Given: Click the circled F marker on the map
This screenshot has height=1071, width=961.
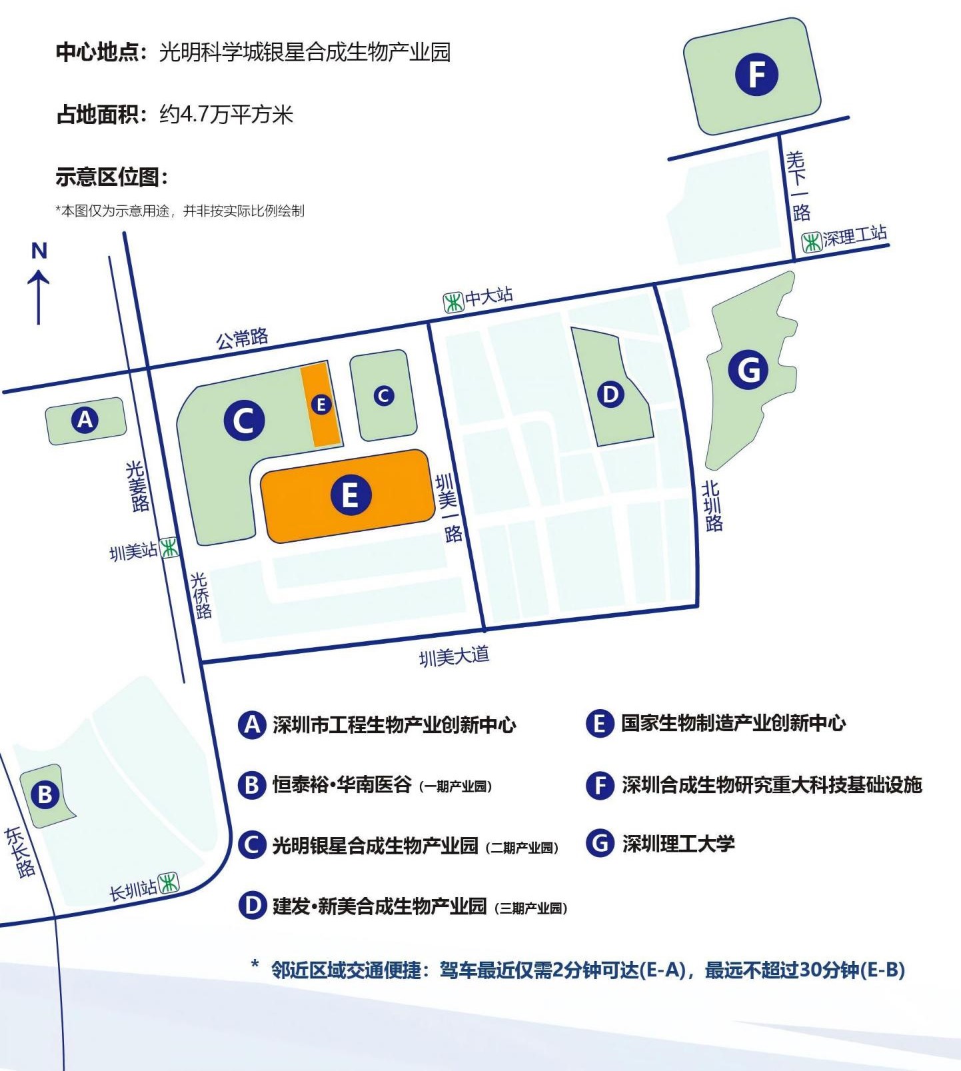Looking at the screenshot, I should coord(756,73).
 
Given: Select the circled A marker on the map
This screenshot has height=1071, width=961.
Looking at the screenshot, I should coord(85,420).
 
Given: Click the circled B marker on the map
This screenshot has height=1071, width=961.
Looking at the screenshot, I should coord(45,794).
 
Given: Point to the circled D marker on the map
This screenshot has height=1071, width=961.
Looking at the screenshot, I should coord(610,395).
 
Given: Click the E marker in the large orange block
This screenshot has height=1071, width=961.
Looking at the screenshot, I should coord(350,495).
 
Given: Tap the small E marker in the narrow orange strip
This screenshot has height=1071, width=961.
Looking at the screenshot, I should coord(321,404).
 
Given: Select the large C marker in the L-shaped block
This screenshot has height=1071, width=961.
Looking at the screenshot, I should coord(244,421).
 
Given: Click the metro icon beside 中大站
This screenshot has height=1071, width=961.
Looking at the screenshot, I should coord(454,303).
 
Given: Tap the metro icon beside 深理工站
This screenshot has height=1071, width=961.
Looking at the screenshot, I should coord(811,242).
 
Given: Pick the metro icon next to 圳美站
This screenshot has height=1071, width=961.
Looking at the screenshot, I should coord(169,548).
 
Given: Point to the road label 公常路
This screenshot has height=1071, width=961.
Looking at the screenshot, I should coord(242,339).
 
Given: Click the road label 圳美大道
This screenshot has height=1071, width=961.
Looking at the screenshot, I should coord(454,656).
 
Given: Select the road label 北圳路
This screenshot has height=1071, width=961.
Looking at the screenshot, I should coord(712,506).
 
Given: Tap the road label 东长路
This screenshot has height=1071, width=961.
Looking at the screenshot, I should coord(20,852).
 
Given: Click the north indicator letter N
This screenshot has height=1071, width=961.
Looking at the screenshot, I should coord(39,251).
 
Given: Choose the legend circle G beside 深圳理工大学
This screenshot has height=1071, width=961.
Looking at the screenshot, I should coord(600,843).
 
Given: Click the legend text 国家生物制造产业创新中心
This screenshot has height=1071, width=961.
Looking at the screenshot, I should coord(733,723).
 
